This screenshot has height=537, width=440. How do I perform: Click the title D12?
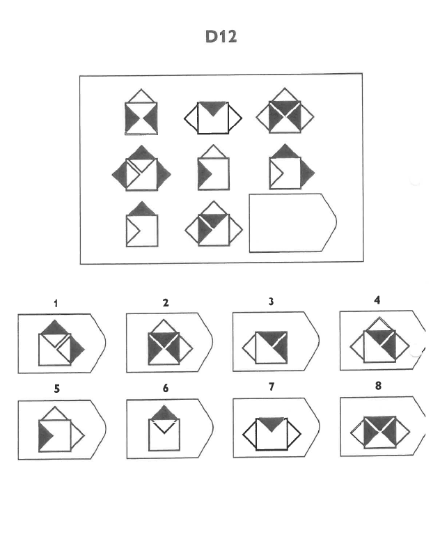coord(221,37)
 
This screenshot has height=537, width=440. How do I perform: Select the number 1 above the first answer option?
coord(56,304)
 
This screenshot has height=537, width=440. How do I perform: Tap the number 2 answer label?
coord(166,303)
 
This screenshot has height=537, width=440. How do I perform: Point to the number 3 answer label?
coord(271,302)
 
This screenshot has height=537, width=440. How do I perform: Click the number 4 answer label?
coord(377,300)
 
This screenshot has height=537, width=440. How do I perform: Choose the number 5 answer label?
coord(57,389)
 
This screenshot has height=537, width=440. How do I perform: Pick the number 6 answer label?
coord(166,388)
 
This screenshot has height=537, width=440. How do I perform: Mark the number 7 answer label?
coord(272,387)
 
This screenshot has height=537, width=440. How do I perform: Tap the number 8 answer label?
coord(378,386)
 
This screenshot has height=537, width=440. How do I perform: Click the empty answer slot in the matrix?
coord(292,223)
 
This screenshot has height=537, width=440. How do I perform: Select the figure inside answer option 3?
coord(265,348)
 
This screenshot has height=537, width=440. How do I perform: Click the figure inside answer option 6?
coord(164,428)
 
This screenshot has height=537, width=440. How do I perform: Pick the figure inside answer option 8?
coord(379,433)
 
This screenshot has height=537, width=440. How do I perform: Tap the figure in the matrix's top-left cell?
coord(141,111)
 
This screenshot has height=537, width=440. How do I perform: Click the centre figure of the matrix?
coord(214,167)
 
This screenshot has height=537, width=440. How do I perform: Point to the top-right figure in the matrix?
coord(285,111)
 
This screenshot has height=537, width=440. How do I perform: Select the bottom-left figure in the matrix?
coord(142,224)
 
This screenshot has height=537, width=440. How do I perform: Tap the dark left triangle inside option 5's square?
coord(45,436)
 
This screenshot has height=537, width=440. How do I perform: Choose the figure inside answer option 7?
coord(272,434)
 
